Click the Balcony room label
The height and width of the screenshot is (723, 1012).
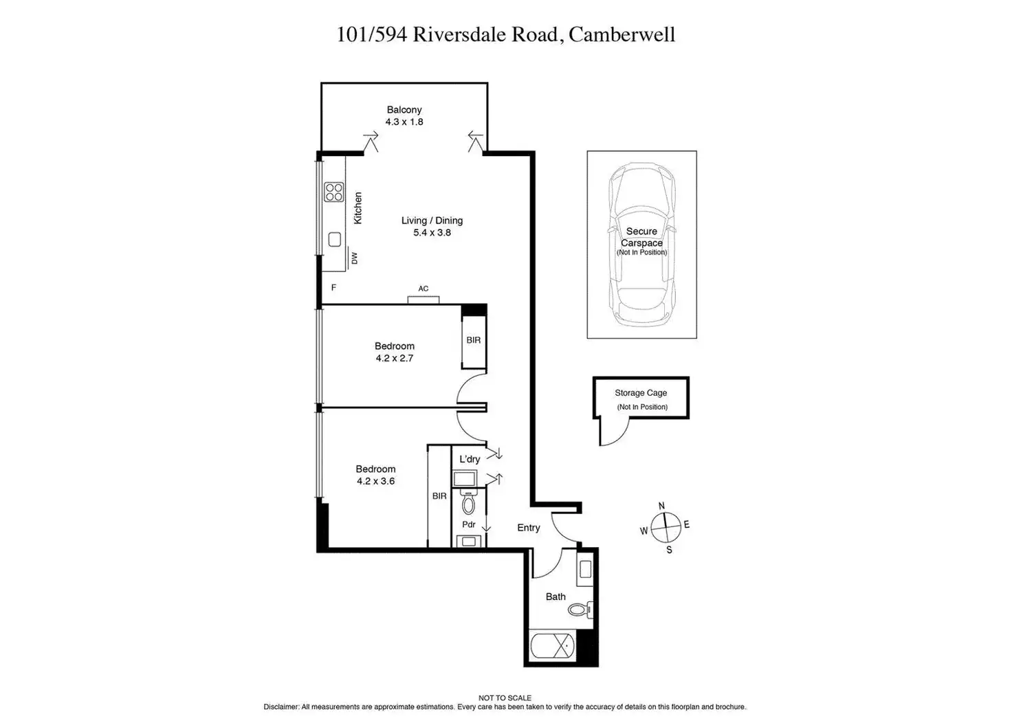(x=404, y=110)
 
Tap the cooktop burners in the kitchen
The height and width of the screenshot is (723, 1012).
(x=334, y=192)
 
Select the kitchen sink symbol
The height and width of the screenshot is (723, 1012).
(x=335, y=239)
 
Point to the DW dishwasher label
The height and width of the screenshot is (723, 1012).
(x=355, y=258)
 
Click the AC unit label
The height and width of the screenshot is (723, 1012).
(x=423, y=289)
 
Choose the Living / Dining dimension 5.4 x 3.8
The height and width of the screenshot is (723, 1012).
(x=432, y=233)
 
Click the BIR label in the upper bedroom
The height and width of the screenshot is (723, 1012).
(x=474, y=340)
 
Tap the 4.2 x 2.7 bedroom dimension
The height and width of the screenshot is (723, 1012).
(x=395, y=358)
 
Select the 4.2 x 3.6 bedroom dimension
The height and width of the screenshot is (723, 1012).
(x=375, y=481)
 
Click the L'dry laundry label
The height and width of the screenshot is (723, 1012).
(x=470, y=459)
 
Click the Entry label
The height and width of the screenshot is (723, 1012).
(x=529, y=528)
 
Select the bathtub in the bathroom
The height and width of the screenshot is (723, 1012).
(x=552, y=647)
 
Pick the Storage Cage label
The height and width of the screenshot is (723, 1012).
(x=641, y=393)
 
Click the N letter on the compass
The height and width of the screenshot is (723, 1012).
(x=662, y=507)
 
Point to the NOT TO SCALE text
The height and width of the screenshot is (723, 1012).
(x=505, y=698)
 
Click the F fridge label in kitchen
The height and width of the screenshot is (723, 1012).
(x=333, y=288)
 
